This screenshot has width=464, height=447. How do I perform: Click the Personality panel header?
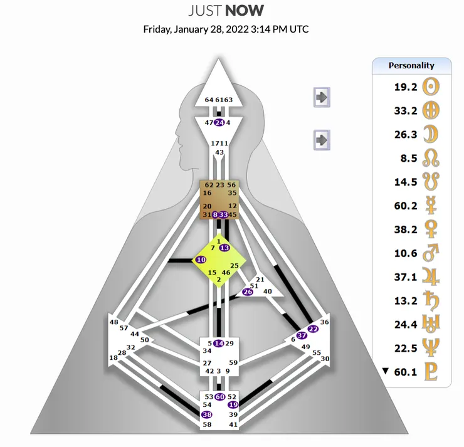411,65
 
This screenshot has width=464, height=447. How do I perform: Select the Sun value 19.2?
405,87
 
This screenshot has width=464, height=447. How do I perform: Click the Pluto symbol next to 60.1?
431,372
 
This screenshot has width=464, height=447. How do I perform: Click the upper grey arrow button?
321,97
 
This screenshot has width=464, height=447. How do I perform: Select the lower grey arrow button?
321,139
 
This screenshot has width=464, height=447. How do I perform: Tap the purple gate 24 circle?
219,123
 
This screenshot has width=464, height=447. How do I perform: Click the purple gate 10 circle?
201,260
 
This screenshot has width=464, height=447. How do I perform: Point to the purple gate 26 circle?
248,292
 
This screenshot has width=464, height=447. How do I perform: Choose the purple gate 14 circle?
218,343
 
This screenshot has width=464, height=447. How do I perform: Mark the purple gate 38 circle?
206,414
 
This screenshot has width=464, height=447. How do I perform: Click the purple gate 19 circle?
233,405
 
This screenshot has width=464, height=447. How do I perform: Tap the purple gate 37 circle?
302,336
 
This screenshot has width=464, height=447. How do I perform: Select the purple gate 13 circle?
224,248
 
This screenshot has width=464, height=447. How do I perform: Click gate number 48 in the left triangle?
113,322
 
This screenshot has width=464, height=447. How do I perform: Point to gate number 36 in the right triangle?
324,322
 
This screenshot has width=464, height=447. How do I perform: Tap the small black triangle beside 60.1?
386,371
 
